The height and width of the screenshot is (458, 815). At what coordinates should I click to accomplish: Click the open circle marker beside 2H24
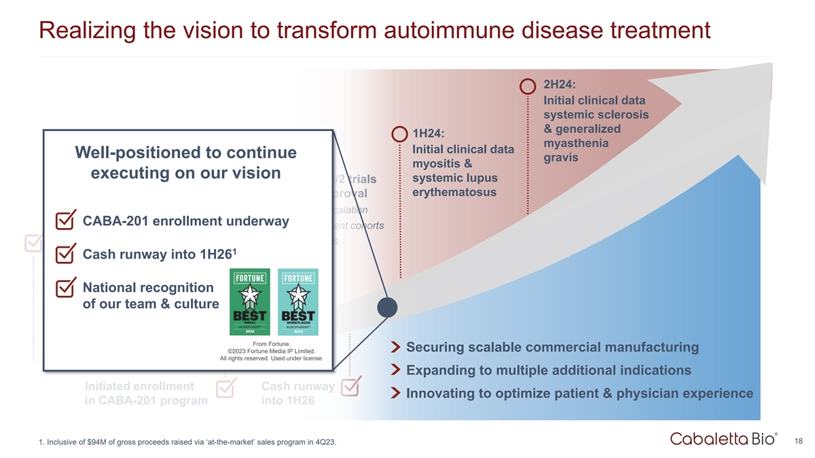528,86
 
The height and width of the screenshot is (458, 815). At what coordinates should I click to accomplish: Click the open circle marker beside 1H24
399,133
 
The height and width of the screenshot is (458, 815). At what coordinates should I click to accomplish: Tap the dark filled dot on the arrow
387,307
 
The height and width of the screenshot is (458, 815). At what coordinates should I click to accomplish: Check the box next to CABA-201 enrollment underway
65,221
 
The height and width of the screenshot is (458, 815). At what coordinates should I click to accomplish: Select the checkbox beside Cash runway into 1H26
65,254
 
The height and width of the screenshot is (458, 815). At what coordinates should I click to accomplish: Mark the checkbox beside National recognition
65,288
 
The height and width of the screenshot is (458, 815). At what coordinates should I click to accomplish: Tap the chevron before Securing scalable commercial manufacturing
396,348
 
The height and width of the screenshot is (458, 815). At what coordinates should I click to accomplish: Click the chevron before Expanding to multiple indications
396,371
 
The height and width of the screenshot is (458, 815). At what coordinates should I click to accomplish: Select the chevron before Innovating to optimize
396,394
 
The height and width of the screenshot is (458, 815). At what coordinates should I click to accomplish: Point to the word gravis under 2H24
561,157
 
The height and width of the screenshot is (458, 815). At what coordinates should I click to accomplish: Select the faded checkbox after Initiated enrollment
225,388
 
